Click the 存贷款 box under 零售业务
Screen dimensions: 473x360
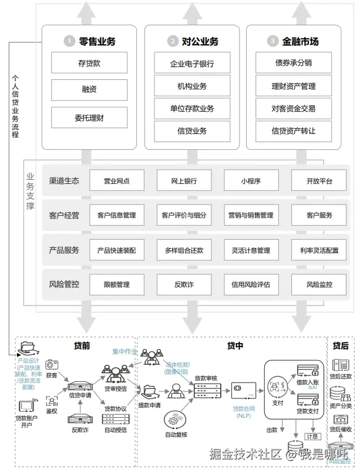pos(89,63)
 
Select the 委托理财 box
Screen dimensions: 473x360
pos(89,118)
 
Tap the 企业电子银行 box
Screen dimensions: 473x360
pos(192,63)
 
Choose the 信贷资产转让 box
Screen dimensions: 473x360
pos(293,130)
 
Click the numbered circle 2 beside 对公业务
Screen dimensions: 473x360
pos(172,41)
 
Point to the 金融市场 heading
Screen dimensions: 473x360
pos(301,41)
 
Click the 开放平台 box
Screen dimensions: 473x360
pos(319,181)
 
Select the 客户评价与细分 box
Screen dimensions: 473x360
pos(184,216)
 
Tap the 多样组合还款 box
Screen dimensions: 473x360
pos(184,250)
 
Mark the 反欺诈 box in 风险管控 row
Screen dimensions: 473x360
pos(184,284)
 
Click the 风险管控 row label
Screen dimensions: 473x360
pos(64,284)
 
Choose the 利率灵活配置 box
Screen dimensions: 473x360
pos(319,250)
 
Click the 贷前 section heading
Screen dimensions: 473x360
pos(82,346)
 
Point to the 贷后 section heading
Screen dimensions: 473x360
pos(341,345)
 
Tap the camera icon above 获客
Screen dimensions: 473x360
pos(52,365)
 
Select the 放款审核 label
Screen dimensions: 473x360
pos(206,378)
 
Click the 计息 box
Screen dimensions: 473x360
pos(312,437)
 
